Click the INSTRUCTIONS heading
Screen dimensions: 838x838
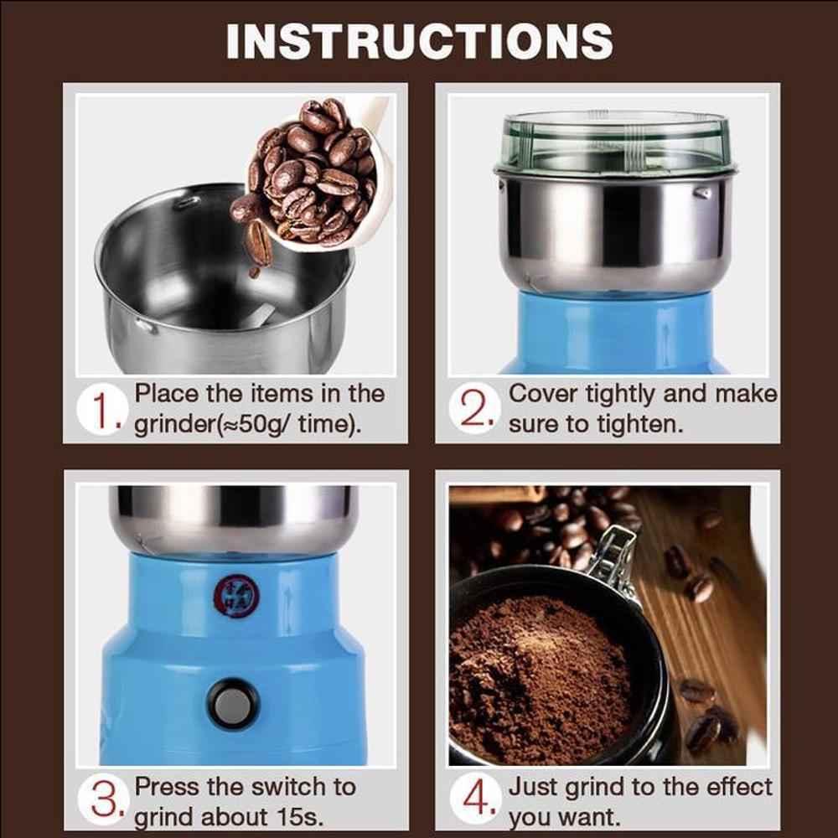click(x=419, y=40)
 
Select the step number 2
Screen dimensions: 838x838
click(x=476, y=410)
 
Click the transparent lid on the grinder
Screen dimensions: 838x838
click(x=615, y=142)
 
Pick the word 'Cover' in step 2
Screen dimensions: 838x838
click(x=543, y=394)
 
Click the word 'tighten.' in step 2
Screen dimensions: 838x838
click(x=639, y=424)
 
